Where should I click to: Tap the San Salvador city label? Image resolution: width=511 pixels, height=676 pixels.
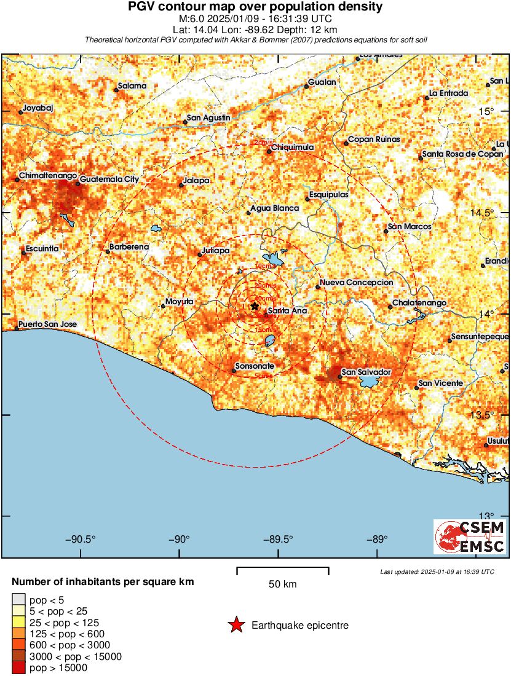[366, 372]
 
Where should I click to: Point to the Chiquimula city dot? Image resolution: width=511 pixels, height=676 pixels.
[269, 152]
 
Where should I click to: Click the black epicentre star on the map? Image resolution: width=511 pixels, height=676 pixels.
[255, 306]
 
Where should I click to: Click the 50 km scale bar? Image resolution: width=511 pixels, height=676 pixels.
[283, 571]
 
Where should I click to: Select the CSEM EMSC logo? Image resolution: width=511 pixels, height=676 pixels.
[470, 536]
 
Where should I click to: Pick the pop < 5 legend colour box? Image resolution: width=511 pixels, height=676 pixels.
[18, 600]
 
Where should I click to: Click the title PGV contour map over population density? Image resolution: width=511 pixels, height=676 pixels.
[255, 7]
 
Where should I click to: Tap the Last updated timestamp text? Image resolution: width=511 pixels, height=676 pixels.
[437, 572]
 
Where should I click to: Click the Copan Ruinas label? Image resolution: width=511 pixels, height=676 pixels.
[374, 140]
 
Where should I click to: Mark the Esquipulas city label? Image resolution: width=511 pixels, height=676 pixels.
[328, 194]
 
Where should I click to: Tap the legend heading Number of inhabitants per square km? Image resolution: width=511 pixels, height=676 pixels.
[103, 581]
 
